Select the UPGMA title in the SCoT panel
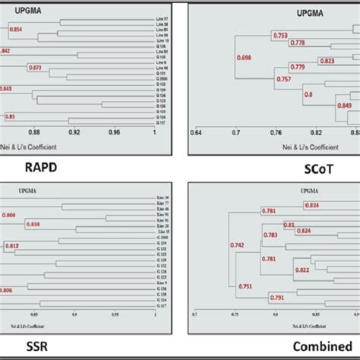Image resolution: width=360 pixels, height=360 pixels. coord(284,13)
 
